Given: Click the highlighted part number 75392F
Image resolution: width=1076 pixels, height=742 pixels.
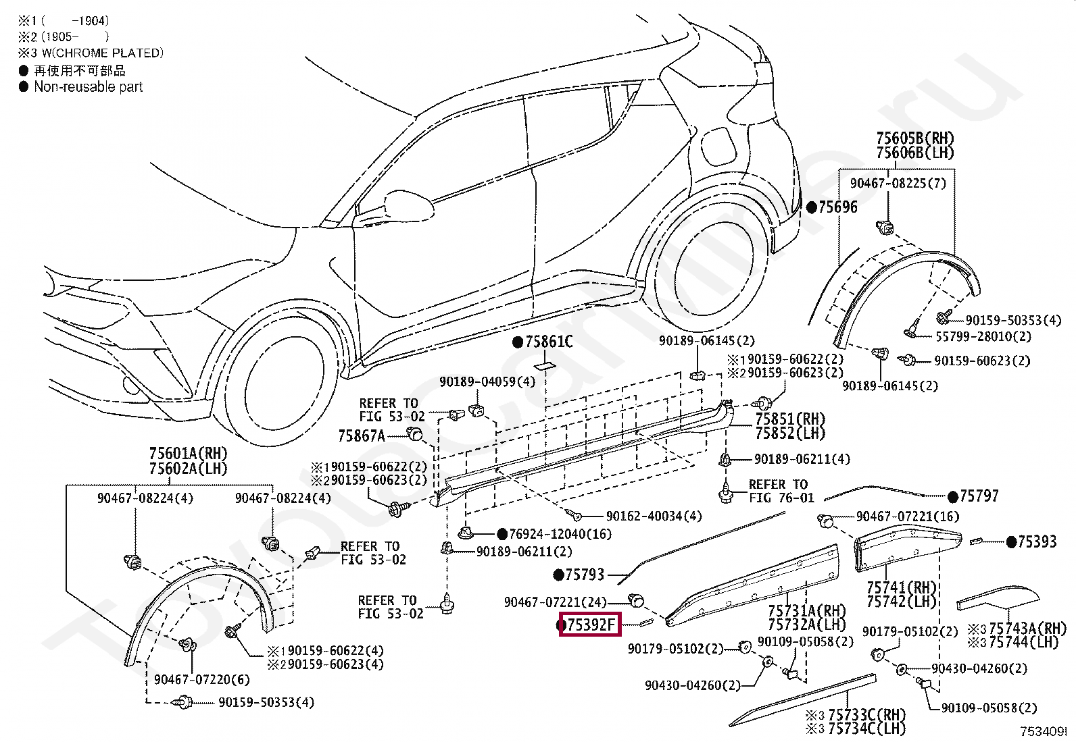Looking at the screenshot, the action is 590,625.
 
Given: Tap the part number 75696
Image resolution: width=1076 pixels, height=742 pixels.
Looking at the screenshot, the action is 837,207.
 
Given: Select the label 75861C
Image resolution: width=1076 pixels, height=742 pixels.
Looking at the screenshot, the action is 549,342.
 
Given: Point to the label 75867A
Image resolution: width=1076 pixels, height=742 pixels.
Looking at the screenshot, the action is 362,435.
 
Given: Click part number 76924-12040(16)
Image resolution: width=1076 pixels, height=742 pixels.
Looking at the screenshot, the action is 560,533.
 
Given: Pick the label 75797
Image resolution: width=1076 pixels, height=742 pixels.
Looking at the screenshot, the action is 979,496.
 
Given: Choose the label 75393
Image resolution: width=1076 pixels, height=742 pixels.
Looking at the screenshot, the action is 1037,542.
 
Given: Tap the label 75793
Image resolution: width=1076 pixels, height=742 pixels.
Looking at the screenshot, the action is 585,575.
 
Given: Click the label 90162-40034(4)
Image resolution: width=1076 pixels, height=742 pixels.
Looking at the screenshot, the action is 654,516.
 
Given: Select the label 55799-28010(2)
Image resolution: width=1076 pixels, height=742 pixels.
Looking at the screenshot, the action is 983,336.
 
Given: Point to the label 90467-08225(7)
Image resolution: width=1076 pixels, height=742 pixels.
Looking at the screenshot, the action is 898,184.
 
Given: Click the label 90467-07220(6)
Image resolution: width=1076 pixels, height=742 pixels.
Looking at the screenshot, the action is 201,680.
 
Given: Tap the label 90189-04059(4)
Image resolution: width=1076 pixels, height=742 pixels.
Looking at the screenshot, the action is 487,381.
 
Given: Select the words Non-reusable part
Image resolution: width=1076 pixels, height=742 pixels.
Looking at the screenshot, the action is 89,87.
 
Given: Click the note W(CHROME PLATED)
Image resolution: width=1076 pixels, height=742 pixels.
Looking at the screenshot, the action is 103,53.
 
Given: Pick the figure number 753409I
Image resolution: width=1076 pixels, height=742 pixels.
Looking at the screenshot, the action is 1044,731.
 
